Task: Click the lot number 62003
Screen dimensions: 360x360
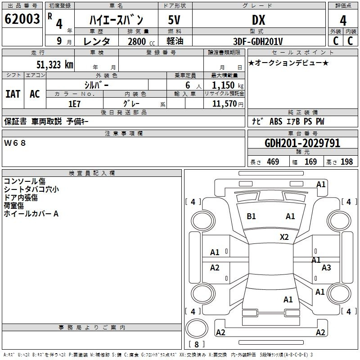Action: click(22, 19)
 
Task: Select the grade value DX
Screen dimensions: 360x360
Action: click(258, 20)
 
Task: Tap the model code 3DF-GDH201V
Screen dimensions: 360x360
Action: click(258, 41)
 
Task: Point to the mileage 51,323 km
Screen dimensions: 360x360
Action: click(55, 65)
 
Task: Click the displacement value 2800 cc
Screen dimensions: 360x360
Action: click(141, 41)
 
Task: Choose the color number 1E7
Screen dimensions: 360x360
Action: click(74, 104)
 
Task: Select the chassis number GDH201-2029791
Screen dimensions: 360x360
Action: click(302, 143)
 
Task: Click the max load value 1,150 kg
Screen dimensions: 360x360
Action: click(228, 85)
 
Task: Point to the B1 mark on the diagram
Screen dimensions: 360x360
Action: click(251, 216)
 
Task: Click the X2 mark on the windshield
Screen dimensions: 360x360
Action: click(284, 237)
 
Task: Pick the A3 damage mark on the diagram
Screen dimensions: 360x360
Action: click(326, 267)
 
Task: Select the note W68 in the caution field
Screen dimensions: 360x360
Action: click(15, 143)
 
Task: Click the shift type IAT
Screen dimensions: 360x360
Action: click(13, 94)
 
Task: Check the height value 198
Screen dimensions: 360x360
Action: click(346, 162)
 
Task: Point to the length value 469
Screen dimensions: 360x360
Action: click(273, 162)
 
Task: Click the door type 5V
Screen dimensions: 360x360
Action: click(174, 20)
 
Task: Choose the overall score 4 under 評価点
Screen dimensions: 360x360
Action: click(343, 21)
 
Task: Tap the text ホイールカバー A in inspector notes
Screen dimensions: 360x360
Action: click(31, 214)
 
